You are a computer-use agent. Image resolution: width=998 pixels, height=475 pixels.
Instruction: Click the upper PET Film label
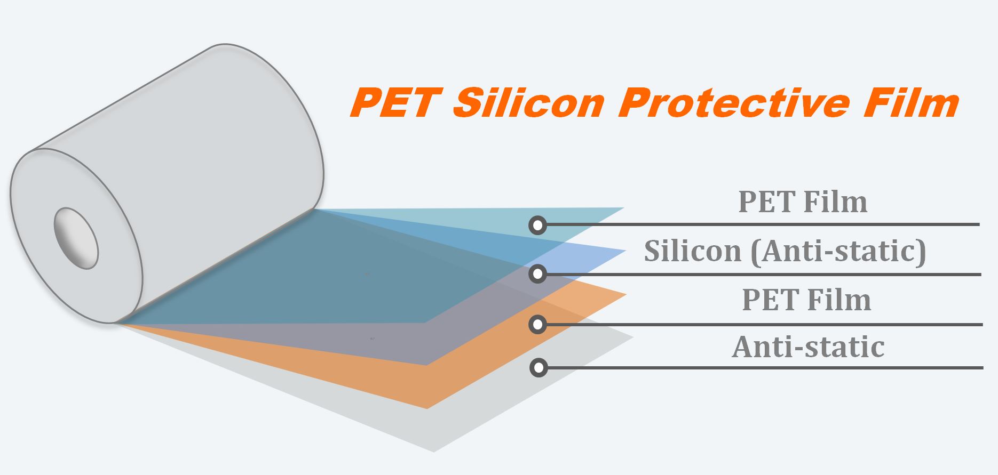click(803, 202)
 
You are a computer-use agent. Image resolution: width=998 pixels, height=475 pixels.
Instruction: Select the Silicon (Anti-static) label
click(785, 251)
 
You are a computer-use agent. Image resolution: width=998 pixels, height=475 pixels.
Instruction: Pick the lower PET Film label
click(806, 300)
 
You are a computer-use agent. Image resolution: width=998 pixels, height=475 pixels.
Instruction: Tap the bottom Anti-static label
click(808, 347)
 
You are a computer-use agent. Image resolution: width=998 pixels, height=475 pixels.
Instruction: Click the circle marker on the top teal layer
click(538, 226)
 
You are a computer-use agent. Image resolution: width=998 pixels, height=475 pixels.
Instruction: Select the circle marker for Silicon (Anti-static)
click(538, 274)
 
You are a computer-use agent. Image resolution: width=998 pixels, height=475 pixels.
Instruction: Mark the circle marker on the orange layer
click(538, 324)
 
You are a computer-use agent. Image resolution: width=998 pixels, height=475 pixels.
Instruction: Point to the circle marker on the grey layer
click(538, 368)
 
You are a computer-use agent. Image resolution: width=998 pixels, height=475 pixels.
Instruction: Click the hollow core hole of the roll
click(76, 238)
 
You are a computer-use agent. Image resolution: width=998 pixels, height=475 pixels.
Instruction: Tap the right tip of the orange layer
click(626, 294)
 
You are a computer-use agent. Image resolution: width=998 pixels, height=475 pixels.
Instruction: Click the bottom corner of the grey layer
click(434, 452)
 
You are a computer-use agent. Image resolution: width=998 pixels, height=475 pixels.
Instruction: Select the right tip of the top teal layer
click(624, 208)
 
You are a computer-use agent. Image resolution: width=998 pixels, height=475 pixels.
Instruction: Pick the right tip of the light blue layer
click(625, 251)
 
